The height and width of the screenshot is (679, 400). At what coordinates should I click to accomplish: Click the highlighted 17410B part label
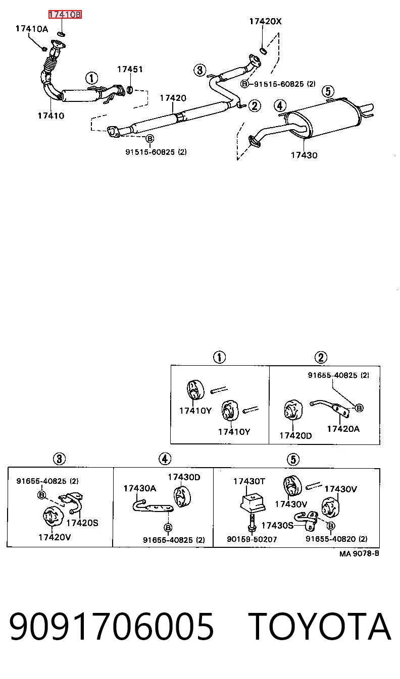[65, 14]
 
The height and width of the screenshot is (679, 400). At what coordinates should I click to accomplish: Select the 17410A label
[32, 29]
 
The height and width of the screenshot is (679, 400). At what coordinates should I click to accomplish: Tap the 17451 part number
[130, 70]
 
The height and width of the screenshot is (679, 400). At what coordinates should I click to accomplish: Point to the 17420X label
[266, 21]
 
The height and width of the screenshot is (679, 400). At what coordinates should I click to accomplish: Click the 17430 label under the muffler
[304, 155]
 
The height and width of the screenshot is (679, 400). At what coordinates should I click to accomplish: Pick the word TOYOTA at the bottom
[319, 627]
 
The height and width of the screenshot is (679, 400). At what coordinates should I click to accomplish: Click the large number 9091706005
[112, 627]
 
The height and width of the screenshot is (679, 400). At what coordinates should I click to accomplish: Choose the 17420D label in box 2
[295, 435]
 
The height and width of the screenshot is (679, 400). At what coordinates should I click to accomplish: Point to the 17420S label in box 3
[82, 523]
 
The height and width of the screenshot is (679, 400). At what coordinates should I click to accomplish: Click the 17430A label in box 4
[139, 488]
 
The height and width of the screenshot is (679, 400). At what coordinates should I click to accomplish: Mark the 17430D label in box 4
[184, 477]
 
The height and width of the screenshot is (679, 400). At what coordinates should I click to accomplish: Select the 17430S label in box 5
[277, 525]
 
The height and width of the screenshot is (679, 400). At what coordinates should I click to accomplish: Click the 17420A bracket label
[343, 429]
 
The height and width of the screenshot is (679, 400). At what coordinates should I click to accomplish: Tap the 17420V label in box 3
[55, 537]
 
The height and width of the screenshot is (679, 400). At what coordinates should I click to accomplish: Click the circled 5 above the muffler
[328, 91]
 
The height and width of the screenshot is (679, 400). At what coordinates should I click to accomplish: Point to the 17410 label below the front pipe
[51, 116]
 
